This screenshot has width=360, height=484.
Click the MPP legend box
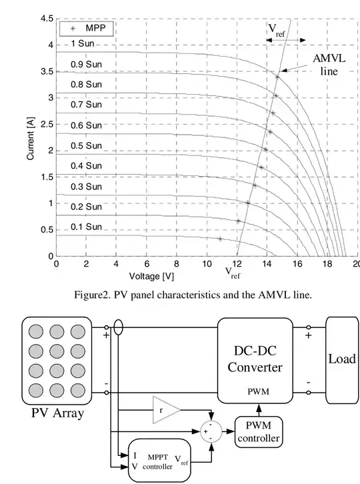point(87,29)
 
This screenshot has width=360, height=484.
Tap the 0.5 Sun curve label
point(86,145)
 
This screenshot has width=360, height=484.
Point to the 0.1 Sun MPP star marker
point(220,239)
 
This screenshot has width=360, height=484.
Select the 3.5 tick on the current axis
point(47,71)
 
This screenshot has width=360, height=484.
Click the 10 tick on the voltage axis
point(207,264)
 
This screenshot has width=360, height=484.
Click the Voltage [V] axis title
point(151,276)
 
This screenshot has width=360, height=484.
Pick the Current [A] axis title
point(30,139)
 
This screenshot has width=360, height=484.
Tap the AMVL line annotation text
point(329,65)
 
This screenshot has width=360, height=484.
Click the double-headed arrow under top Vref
point(285,40)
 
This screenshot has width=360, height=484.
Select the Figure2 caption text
point(193,295)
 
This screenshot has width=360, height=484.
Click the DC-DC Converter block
point(255,361)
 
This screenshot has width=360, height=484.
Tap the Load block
point(342,360)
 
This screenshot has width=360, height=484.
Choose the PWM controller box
point(259,432)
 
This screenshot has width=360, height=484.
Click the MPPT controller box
point(159,461)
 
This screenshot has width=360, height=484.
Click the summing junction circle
point(211,431)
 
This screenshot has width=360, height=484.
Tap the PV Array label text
point(58,413)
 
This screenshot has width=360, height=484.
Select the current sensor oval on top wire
point(118,327)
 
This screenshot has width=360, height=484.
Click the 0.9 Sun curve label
point(86,64)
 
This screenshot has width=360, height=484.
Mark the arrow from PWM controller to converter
point(259,410)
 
